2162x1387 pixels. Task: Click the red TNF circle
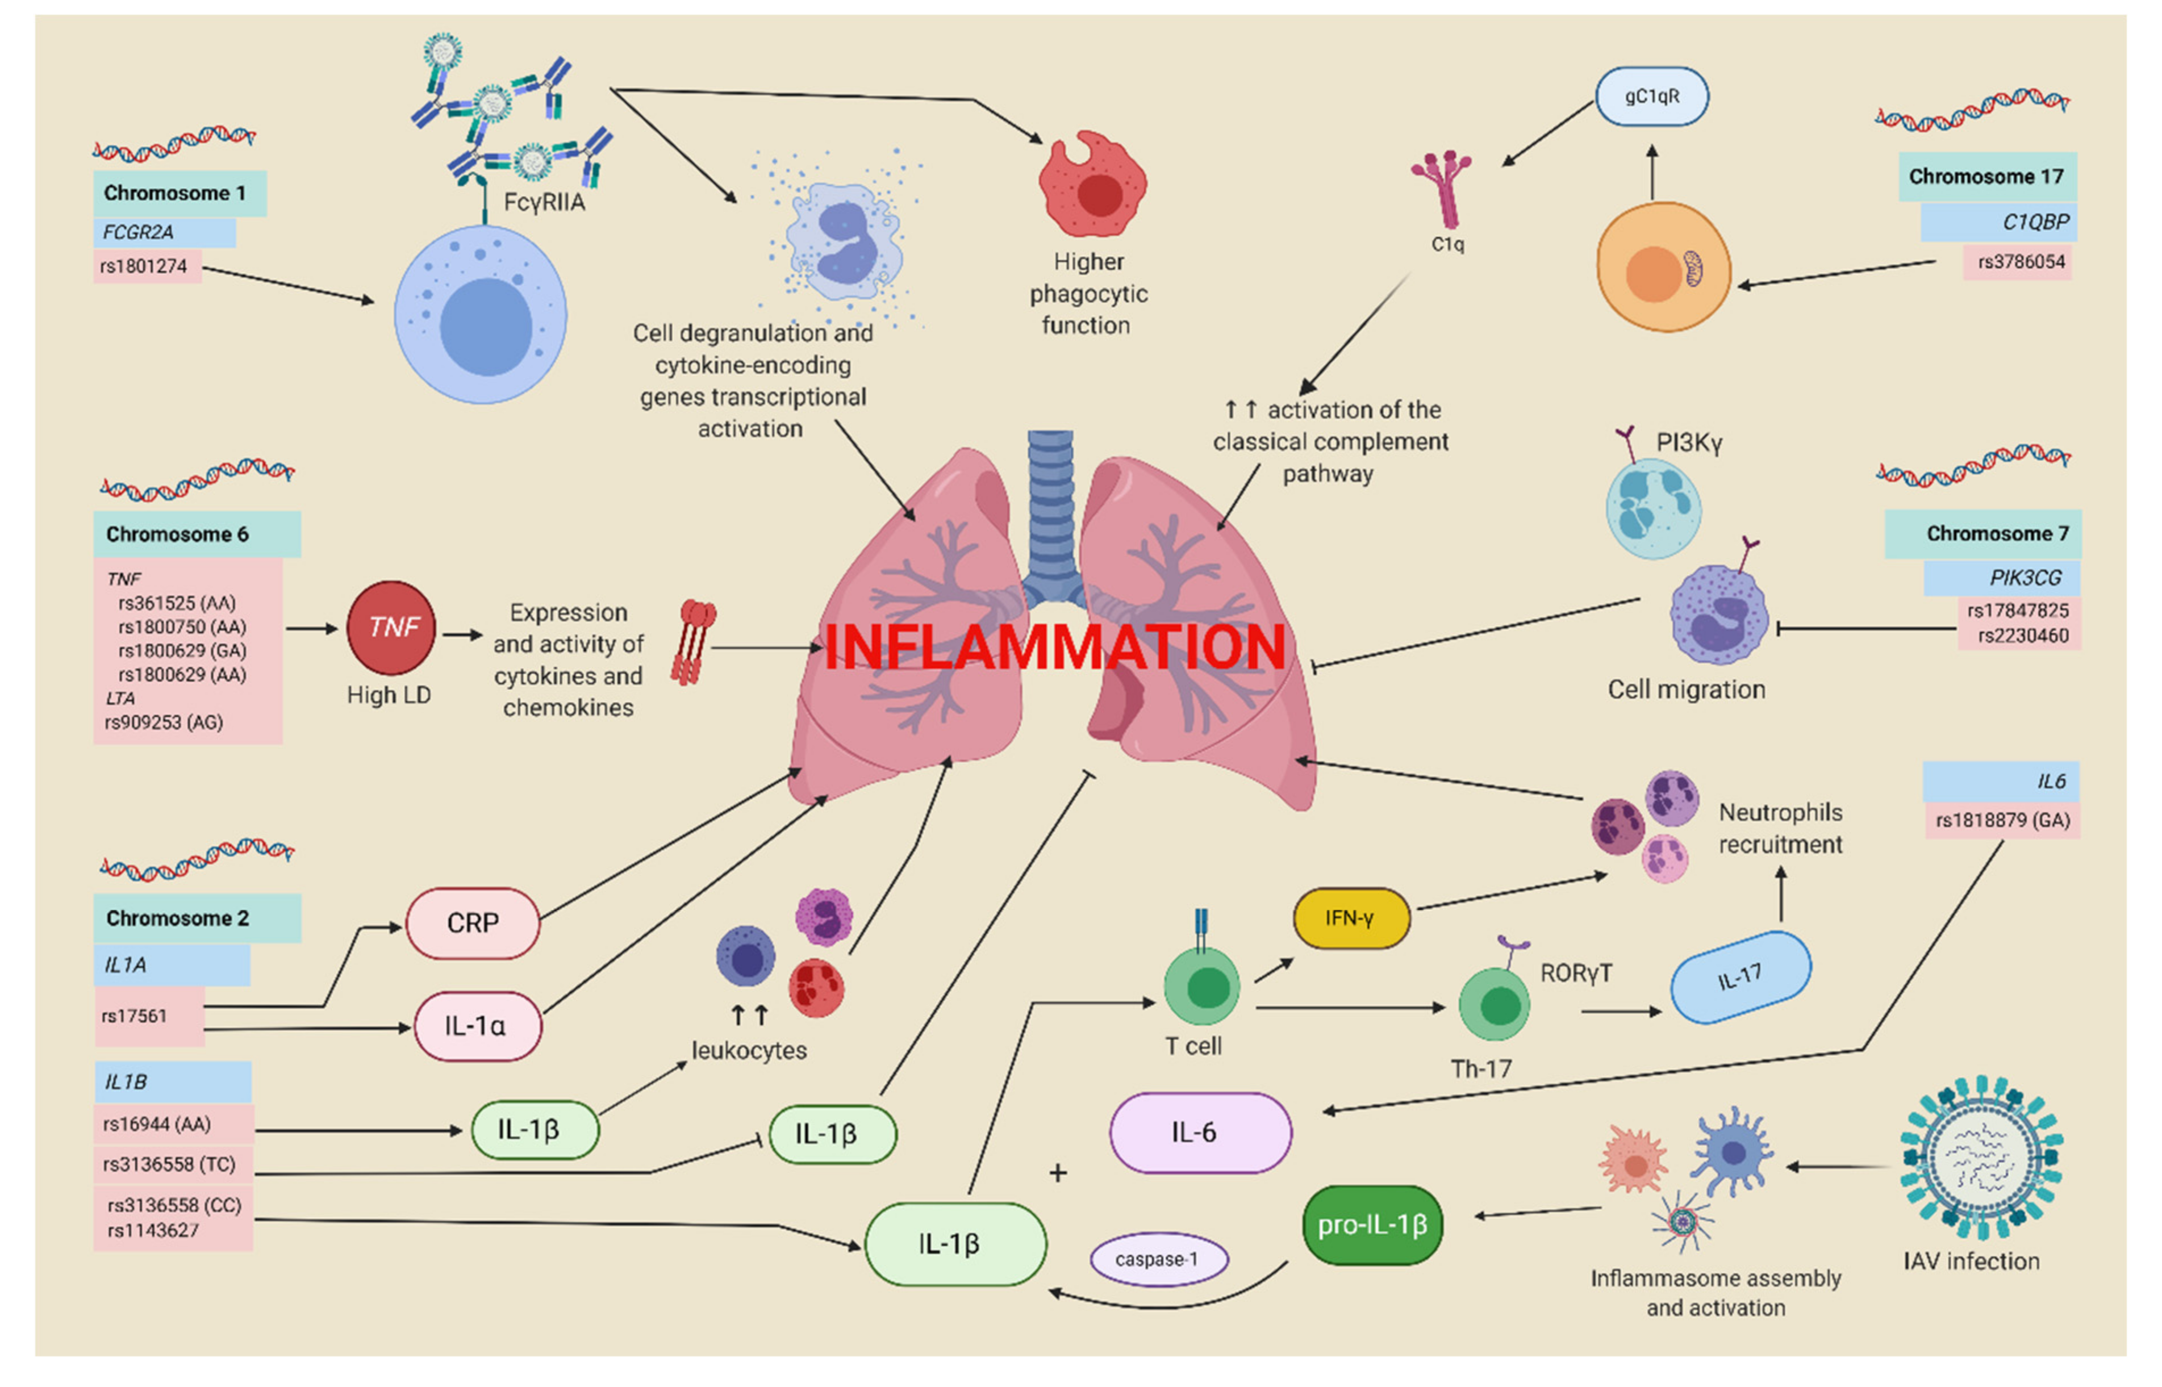391,628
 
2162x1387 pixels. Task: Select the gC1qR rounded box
1651,97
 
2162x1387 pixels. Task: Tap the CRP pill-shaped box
473,923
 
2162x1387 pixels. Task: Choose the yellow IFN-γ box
1351,918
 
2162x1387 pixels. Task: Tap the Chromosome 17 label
1987,177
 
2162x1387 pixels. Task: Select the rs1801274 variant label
147,266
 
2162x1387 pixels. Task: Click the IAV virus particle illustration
1981,1159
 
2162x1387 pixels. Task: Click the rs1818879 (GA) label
2002,821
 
